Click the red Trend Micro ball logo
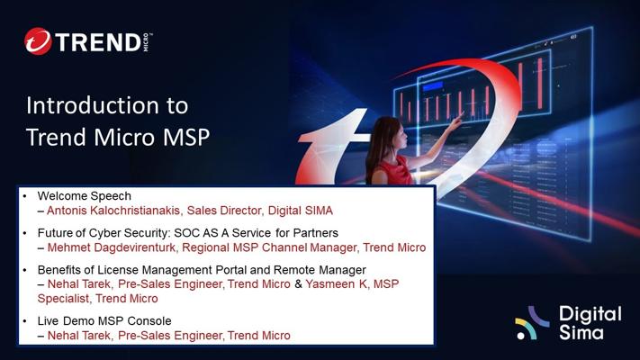(x=38, y=41)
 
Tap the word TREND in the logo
(x=98, y=42)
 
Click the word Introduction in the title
(x=92, y=105)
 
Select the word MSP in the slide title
(x=186, y=137)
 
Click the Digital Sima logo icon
(x=531, y=322)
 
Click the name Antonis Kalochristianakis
(x=113, y=211)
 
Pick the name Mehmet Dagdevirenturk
(x=112, y=247)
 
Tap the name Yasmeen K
(x=336, y=283)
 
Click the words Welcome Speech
(x=84, y=196)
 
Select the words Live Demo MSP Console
(x=104, y=320)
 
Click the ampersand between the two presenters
(x=298, y=283)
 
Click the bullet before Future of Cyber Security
(x=25, y=233)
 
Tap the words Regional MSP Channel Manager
(x=269, y=247)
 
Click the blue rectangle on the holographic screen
(x=433, y=86)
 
